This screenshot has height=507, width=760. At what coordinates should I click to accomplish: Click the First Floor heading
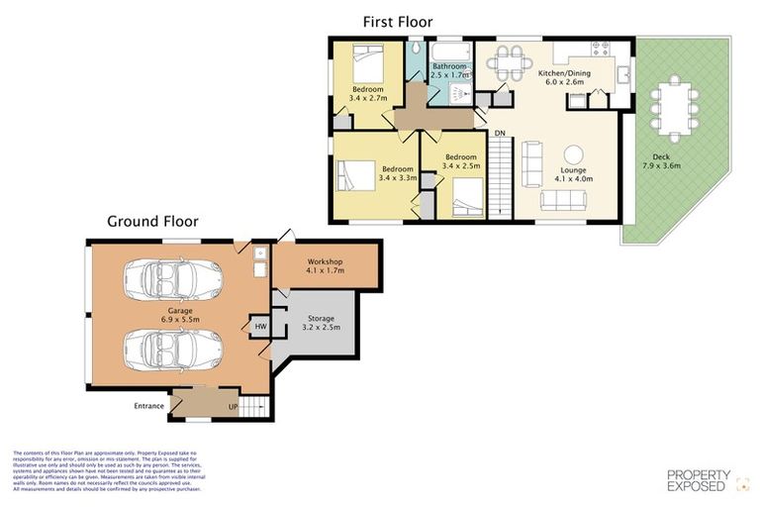point(397,22)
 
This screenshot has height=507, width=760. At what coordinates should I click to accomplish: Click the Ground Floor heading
point(152,222)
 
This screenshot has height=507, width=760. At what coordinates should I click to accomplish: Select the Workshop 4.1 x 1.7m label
point(325,265)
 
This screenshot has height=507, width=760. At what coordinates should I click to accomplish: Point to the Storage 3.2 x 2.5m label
point(320,322)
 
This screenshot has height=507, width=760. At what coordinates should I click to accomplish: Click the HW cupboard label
point(260,327)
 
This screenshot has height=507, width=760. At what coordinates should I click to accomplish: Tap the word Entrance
point(149,406)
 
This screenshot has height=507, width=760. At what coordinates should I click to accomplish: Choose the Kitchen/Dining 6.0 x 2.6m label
point(566,78)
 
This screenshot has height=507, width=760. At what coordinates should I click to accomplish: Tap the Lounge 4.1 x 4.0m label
point(573,175)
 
